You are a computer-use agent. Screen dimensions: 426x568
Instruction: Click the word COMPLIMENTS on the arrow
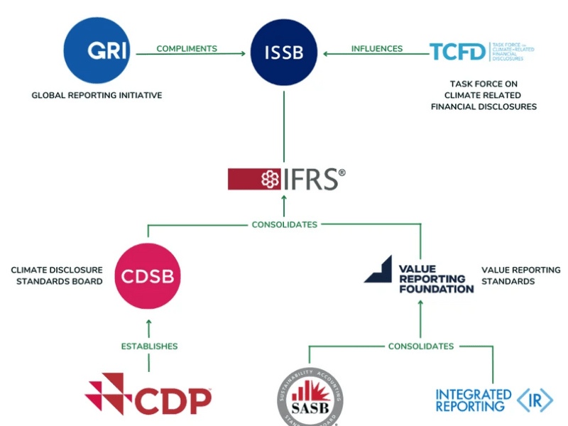click(187, 49)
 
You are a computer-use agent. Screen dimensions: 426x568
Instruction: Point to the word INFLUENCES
click(376, 49)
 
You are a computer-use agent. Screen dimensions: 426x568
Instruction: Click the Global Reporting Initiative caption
click(97, 95)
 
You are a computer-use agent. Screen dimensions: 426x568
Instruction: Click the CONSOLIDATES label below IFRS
click(284, 224)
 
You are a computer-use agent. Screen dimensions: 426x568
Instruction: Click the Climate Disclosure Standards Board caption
click(57, 275)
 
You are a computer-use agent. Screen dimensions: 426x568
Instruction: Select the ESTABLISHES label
click(148, 346)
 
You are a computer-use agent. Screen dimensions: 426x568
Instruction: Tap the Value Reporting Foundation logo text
click(435, 279)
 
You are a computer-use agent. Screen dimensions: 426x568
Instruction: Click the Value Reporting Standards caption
click(520, 275)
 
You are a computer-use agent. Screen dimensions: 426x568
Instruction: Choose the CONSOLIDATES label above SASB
click(420, 346)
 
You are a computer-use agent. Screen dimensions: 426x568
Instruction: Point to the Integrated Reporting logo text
click(473, 400)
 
